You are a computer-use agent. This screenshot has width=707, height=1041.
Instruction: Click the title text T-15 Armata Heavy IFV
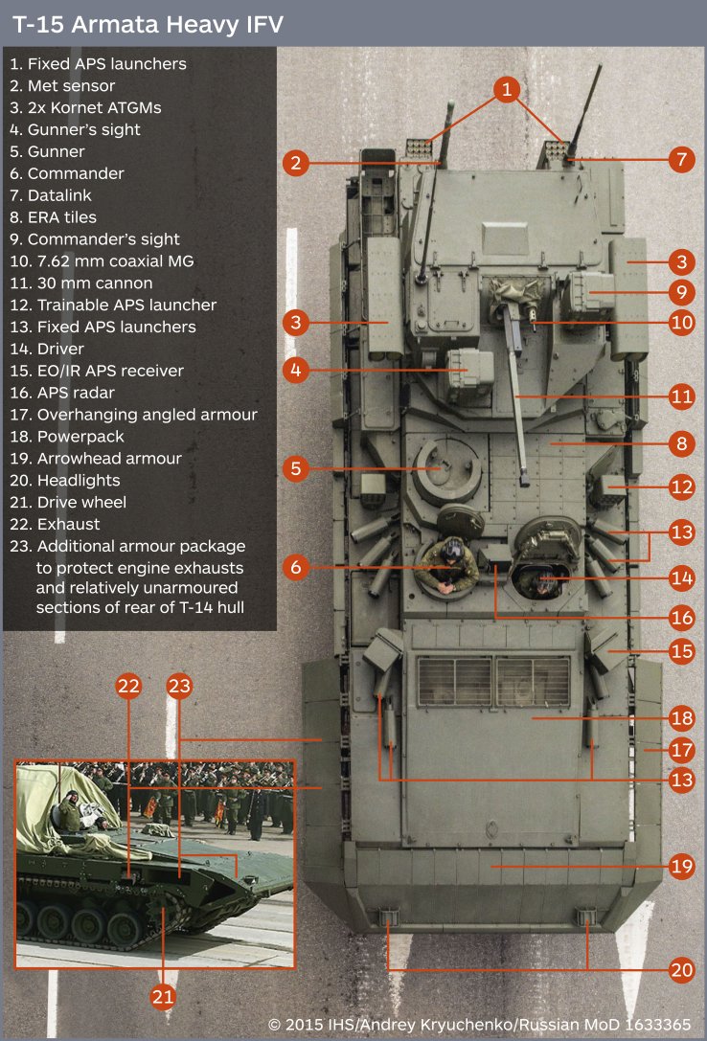(x=148, y=25)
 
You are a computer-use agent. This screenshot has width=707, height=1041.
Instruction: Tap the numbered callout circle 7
(x=681, y=159)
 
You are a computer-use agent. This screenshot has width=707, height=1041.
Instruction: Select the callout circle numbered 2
(x=296, y=163)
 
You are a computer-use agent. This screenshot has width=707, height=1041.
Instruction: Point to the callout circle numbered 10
(x=681, y=323)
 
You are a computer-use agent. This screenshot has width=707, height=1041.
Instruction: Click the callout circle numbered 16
(x=681, y=618)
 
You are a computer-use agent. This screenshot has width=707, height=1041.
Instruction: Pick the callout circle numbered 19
(x=681, y=868)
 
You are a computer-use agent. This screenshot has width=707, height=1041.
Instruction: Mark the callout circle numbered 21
(x=164, y=997)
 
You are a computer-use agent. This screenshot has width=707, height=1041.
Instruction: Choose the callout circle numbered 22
(x=129, y=686)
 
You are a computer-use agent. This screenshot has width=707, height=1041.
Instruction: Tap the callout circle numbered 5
(x=296, y=468)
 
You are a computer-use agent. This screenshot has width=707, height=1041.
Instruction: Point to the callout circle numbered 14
(x=681, y=577)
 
